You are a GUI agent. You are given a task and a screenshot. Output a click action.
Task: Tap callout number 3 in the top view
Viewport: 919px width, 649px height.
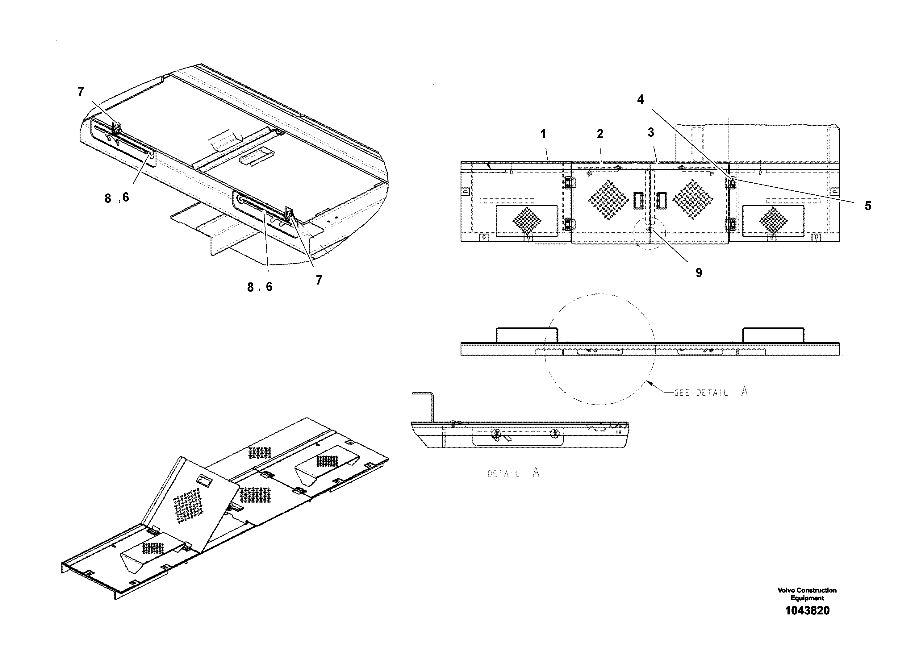(x=651, y=132)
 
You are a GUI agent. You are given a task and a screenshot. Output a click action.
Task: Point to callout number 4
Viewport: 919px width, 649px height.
(x=641, y=100)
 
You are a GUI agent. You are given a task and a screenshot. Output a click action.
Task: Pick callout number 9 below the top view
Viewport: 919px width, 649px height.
(x=699, y=273)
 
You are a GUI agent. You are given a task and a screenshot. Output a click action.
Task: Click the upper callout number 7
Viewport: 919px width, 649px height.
(x=81, y=92)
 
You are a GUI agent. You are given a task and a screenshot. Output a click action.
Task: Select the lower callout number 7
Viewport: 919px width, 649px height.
(x=319, y=281)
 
